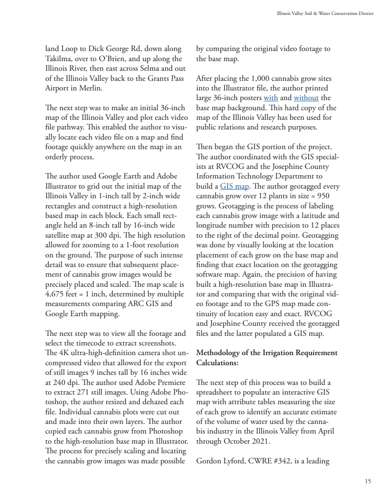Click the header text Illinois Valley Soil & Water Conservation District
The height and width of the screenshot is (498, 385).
322,13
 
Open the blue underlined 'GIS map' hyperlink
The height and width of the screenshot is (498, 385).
232,186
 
